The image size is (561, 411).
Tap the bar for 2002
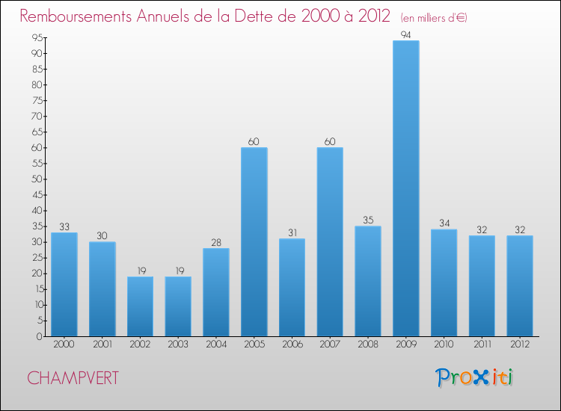tap(140, 306)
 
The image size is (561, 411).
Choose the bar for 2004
tap(215, 292)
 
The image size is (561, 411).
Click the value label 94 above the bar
tap(405, 34)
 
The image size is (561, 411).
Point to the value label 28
tap(215, 242)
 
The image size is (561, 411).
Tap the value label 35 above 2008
tap(368, 220)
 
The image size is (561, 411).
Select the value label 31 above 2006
tap(292, 233)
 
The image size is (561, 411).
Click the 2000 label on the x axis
tap(64, 344)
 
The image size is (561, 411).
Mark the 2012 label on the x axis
tap(519, 344)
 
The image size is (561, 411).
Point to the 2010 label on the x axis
tap(444, 344)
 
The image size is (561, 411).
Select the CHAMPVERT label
tap(73, 378)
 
